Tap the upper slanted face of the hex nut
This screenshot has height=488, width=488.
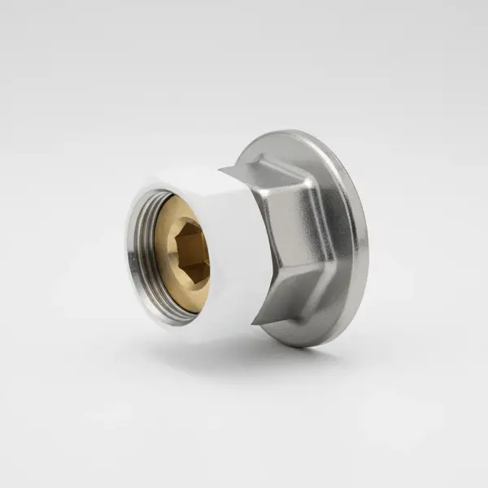pos(281,175)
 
